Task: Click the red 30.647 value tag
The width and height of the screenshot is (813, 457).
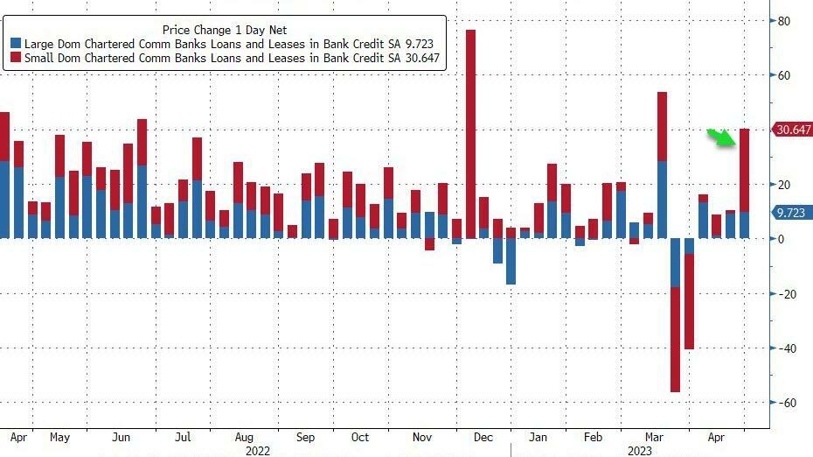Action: click(793, 130)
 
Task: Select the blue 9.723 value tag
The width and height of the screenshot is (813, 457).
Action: click(793, 212)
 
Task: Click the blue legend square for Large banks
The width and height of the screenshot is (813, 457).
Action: click(15, 43)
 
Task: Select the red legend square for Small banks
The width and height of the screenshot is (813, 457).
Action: click(15, 59)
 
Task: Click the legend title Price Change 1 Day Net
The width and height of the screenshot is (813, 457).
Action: click(226, 29)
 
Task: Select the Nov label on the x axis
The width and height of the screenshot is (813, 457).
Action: click(422, 436)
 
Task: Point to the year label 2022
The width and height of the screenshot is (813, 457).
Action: click(257, 451)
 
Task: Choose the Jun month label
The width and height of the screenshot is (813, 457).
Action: click(122, 436)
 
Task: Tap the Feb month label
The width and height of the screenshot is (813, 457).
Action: click(593, 436)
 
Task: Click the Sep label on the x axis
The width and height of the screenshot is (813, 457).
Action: click(305, 436)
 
